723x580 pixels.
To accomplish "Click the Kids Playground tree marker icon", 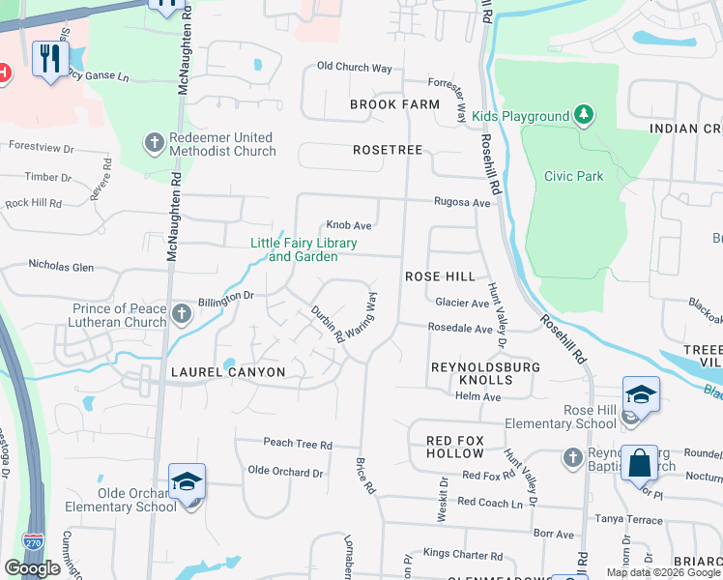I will click(x=583, y=116).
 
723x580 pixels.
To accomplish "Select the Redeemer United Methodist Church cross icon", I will click(x=154, y=144).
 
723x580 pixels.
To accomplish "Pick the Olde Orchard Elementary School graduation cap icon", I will click(x=187, y=481).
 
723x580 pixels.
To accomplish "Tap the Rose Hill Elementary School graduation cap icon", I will click(x=641, y=394).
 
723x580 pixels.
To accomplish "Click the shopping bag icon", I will click(x=640, y=462).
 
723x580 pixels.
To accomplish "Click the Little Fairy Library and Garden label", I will click(x=304, y=249).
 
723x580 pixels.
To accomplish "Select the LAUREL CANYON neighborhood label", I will click(x=228, y=372).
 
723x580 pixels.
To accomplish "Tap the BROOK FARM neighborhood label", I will click(x=388, y=104).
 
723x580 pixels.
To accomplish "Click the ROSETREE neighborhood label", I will click(x=388, y=150).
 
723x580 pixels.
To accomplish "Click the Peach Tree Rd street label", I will click(x=298, y=444).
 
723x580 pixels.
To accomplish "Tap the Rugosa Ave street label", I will click(x=462, y=203).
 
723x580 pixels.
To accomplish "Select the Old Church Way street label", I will click(x=355, y=68).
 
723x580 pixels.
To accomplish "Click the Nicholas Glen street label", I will click(x=61, y=265).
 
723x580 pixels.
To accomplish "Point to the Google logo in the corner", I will click(x=33, y=568).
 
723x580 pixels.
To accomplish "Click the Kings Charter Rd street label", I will click(x=463, y=552).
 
